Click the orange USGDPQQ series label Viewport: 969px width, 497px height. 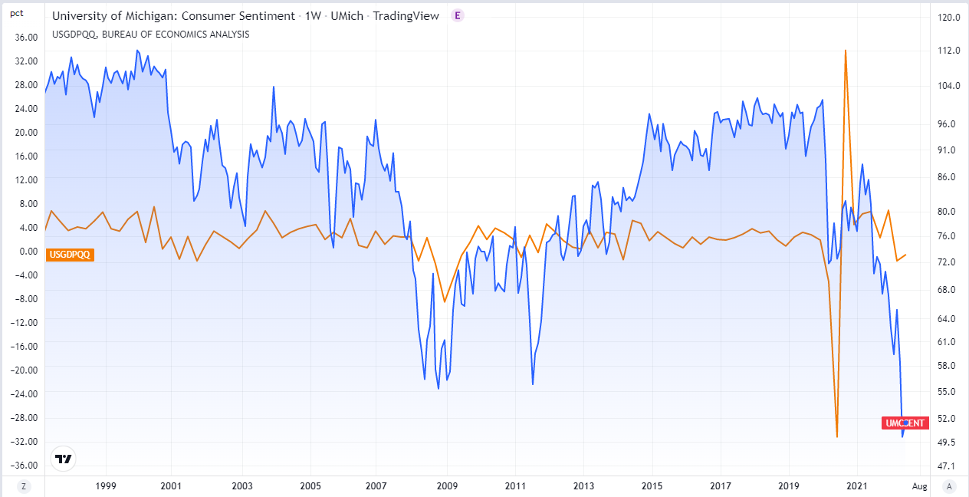pos(70,255)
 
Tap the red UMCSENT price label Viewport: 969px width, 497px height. pos(905,423)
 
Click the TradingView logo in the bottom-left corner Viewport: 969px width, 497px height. pos(64,459)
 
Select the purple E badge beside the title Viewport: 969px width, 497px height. pos(458,15)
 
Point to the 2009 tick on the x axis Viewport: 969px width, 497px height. pos(447,485)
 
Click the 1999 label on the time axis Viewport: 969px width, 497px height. pos(106,485)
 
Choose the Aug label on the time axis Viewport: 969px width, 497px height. pos(920,485)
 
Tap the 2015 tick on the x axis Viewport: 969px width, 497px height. pos(652,485)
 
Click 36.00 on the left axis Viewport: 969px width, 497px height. pos(26,37)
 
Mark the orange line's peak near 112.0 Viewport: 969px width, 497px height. pos(846,51)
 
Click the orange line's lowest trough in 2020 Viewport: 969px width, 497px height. pos(837,436)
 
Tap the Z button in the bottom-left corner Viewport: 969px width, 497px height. pos(24,485)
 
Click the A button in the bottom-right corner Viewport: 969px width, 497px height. pos(950,485)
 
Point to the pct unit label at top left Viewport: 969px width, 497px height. pos(16,14)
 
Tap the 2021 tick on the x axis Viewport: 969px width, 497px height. pos(856,485)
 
